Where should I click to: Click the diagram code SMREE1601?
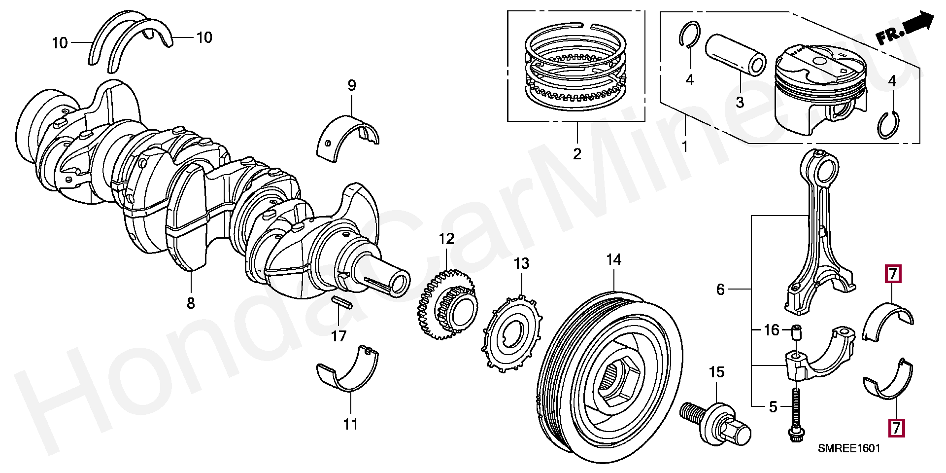pos(848,448)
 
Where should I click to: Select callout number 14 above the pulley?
pos(613,259)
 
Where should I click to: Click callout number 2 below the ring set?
pos(577,154)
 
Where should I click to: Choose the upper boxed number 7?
pos(893,274)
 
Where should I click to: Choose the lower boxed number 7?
pos(896,427)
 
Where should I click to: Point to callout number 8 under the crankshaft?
pos(191,303)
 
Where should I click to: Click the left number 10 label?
pos(60,43)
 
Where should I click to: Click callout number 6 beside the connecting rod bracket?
pos(720,290)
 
